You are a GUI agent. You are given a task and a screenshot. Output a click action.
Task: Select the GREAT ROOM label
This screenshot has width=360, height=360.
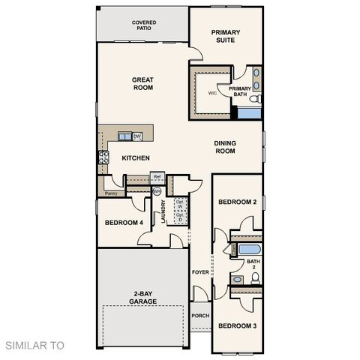point(142,83)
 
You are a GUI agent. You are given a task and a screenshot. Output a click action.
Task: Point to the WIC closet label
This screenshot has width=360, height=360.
point(212,94)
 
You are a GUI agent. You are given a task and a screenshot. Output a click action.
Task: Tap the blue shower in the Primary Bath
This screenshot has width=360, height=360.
point(248,113)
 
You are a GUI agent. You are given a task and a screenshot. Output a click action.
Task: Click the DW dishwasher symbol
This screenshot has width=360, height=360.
point(137,136)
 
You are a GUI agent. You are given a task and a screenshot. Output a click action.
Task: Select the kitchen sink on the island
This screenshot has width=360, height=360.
point(124,136)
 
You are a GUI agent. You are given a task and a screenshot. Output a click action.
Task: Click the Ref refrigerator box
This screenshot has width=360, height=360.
point(157,178)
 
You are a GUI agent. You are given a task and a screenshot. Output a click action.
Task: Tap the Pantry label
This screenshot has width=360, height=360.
point(111,193)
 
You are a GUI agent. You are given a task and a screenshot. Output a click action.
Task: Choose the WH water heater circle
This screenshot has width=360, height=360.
point(157,192)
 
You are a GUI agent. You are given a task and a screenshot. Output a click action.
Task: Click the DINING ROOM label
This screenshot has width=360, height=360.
point(225,147)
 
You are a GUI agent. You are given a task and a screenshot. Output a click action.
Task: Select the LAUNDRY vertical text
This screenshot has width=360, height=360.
point(163,211)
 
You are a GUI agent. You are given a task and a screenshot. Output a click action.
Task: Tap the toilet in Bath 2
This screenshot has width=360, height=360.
point(255,278)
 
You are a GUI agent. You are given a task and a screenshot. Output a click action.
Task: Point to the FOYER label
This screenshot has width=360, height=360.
point(200,271)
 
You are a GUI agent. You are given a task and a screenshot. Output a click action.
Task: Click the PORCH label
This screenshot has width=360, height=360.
point(200,316)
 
